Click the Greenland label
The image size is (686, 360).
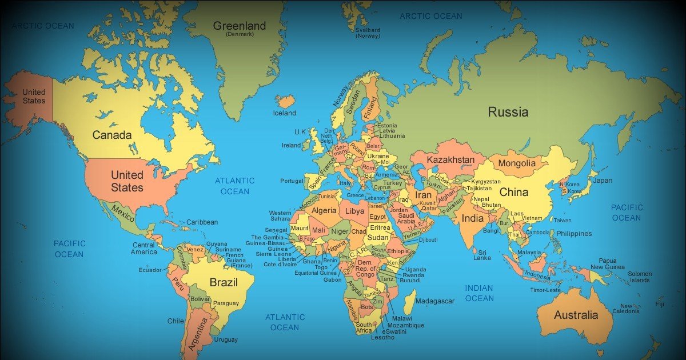[240, 26]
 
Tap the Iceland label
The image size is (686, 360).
[285, 113]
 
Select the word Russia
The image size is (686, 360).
[508, 112]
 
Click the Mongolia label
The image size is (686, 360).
[517, 163]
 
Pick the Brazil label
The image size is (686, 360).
[224, 282]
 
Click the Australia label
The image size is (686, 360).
[576, 315]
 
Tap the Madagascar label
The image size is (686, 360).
[435, 301]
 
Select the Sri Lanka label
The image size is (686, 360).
[482, 255]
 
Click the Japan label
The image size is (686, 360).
[602, 181]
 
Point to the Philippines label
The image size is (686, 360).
[574, 234]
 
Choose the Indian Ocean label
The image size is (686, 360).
[479, 293]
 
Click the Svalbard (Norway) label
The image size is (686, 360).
[368, 33]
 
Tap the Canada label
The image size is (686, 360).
[112, 135]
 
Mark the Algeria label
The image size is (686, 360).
[324, 211]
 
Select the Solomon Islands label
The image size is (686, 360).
[640, 277]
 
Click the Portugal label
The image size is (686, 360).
[292, 181]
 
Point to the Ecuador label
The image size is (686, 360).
[150, 270]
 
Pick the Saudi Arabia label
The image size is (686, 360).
[406, 218]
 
